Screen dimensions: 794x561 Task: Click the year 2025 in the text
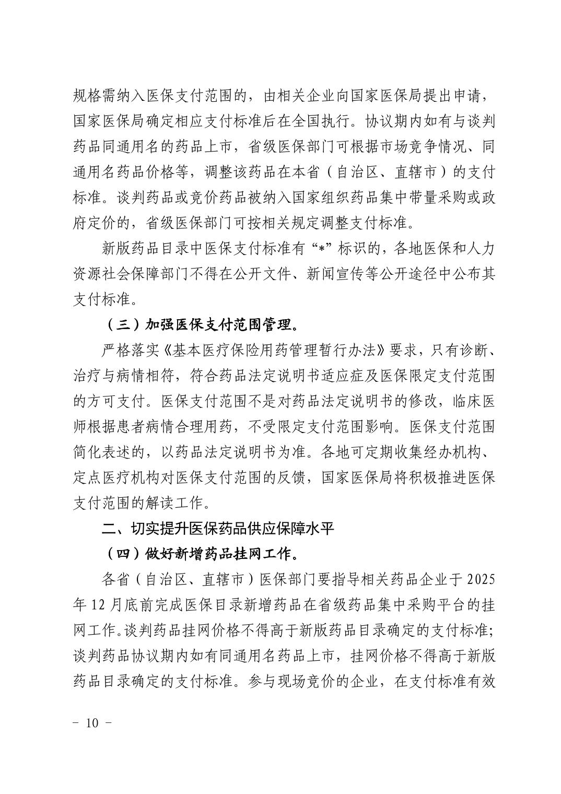point(480,579)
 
